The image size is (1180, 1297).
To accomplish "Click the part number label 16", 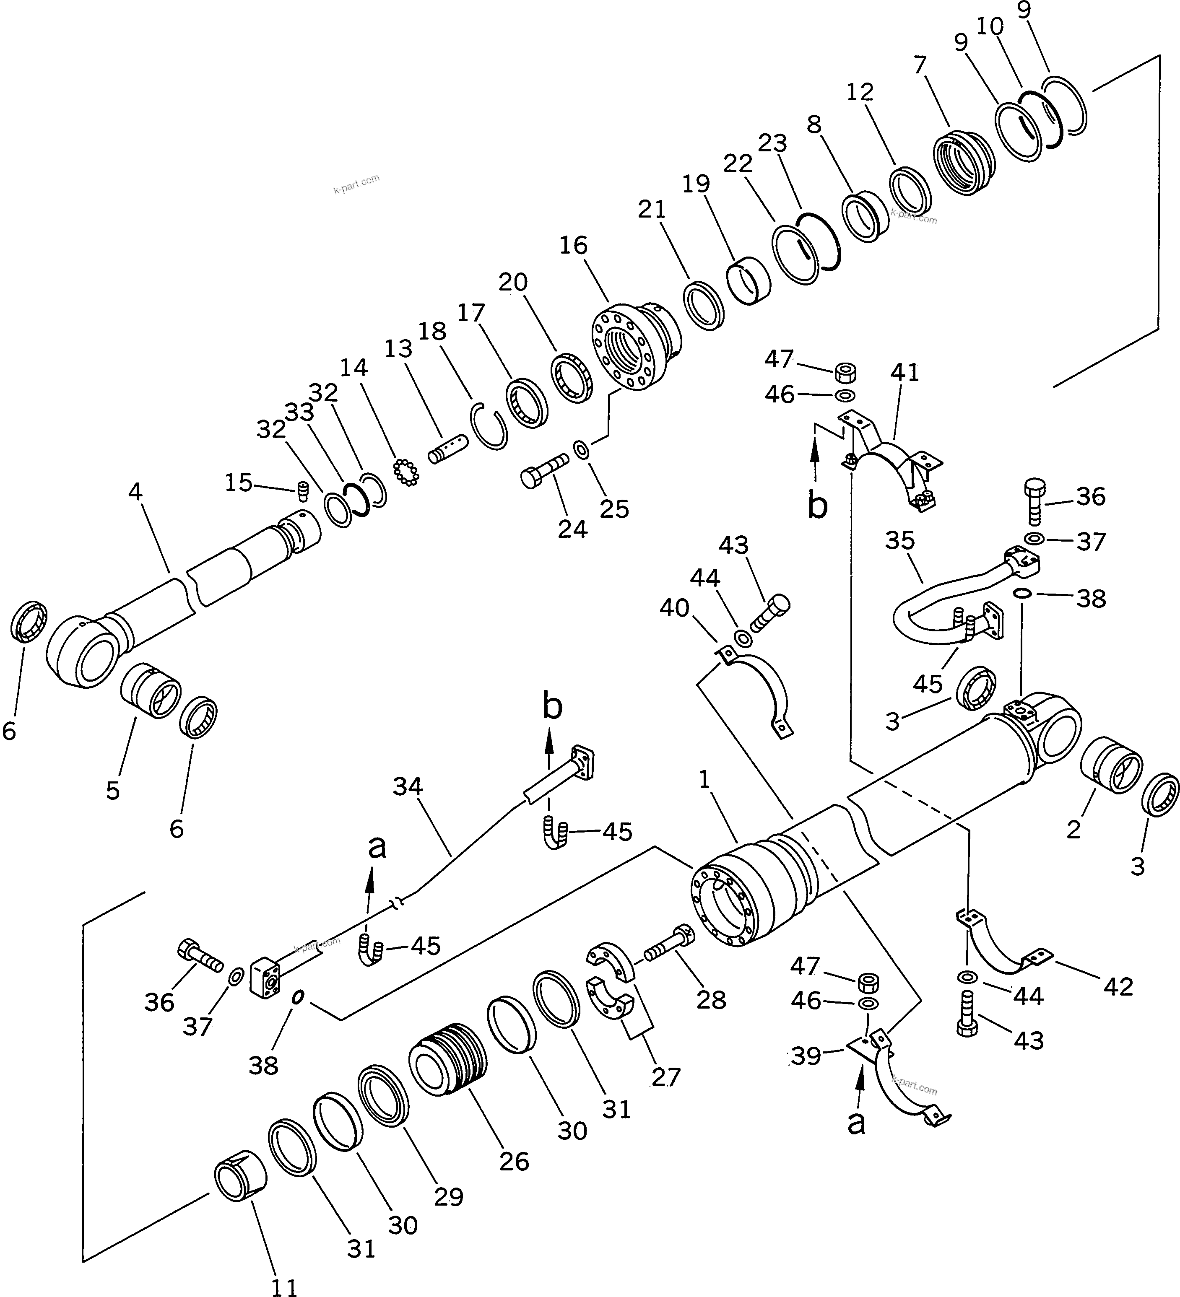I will pyautogui.click(x=573, y=246).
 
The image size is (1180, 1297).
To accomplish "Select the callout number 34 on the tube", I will pyautogui.click(x=408, y=787).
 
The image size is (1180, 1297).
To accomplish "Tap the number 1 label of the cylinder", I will pyautogui.click(x=704, y=781).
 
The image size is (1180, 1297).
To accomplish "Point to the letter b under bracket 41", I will pyautogui.click(x=817, y=507).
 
